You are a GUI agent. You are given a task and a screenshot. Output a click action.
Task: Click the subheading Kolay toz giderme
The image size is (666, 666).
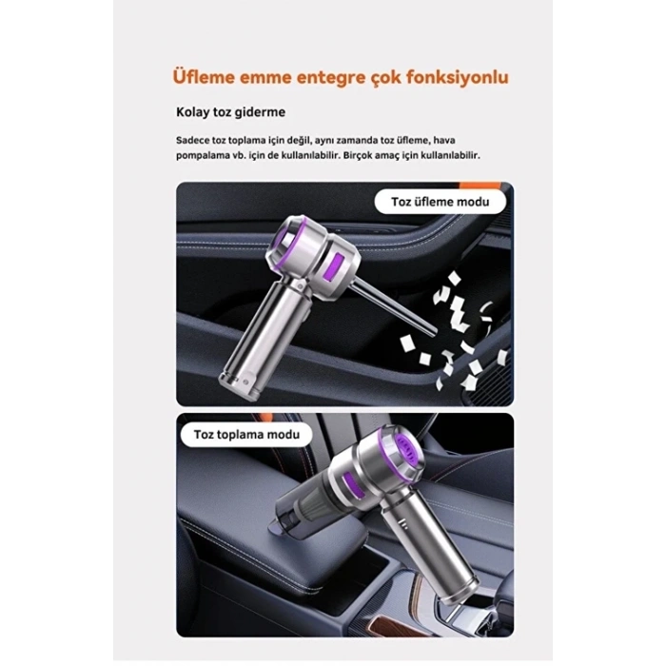click(230, 112)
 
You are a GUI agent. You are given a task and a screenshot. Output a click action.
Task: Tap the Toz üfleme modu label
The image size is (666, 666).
click(440, 202)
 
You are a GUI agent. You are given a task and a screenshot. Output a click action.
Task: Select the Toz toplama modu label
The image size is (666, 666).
click(246, 435)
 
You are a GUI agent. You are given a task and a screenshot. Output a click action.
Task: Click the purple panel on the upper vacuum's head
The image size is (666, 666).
click(333, 269)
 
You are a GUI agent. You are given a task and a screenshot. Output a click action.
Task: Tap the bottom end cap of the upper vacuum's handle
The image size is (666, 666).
click(238, 384)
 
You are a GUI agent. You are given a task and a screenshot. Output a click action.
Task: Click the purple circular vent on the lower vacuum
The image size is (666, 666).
click(406, 451)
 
